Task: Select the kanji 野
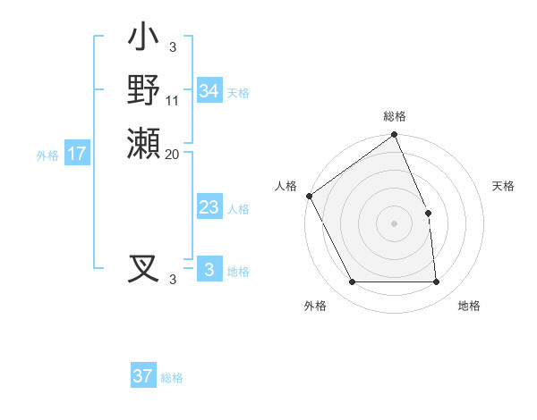pyautogui.click(x=143, y=89)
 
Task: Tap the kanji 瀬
pyautogui.click(x=143, y=143)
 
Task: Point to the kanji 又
pyautogui.click(x=143, y=268)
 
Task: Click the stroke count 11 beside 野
pyautogui.click(x=173, y=100)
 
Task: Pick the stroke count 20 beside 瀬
pyautogui.click(x=173, y=154)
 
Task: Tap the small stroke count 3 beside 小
pyautogui.click(x=172, y=46)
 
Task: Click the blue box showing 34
pyautogui.click(x=209, y=91)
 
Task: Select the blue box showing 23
pyautogui.click(x=209, y=207)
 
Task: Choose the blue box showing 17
pyautogui.click(x=77, y=154)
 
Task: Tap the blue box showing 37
pyautogui.click(x=143, y=376)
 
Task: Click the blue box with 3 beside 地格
pyautogui.click(x=209, y=270)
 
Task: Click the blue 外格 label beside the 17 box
pyautogui.click(x=47, y=155)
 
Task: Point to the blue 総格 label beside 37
pyautogui.click(x=172, y=378)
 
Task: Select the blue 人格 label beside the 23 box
pyautogui.click(x=238, y=209)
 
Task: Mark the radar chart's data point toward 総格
pyautogui.click(x=394, y=136)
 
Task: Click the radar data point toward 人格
pyautogui.click(x=309, y=196)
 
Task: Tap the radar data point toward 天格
pyautogui.click(x=428, y=213)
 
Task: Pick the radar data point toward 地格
pyautogui.click(x=436, y=282)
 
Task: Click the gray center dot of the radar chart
pyautogui.click(x=394, y=223)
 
